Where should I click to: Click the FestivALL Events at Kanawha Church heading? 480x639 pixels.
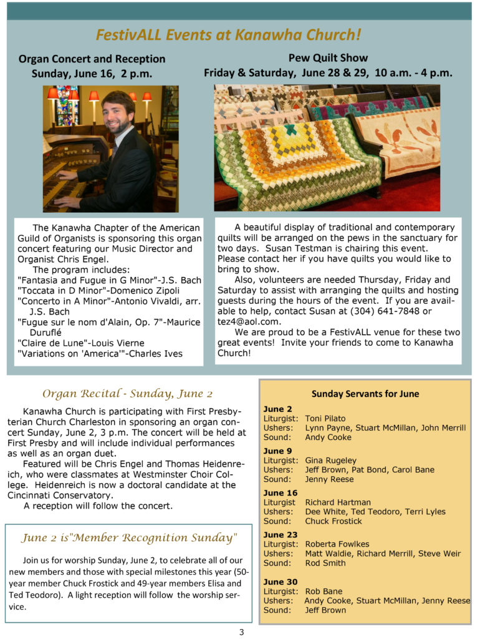(x=228, y=35)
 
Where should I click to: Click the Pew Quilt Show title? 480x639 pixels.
(x=328, y=58)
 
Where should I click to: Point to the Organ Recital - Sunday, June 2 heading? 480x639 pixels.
(x=127, y=394)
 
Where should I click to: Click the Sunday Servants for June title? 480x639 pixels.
(x=365, y=394)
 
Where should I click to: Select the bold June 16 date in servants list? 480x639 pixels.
(x=277, y=492)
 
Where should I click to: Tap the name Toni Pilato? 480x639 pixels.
(x=325, y=418)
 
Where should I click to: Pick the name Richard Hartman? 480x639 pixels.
(x=337, y=502)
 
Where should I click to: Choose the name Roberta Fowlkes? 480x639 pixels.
(x=337, y=544)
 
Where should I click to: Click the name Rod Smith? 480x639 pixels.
(x=325, y=563)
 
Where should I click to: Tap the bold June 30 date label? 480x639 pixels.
(x=277, y=582)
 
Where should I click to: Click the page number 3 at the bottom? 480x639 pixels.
(x=241, y=632)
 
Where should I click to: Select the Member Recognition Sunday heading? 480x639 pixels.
(x=129, y=538)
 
